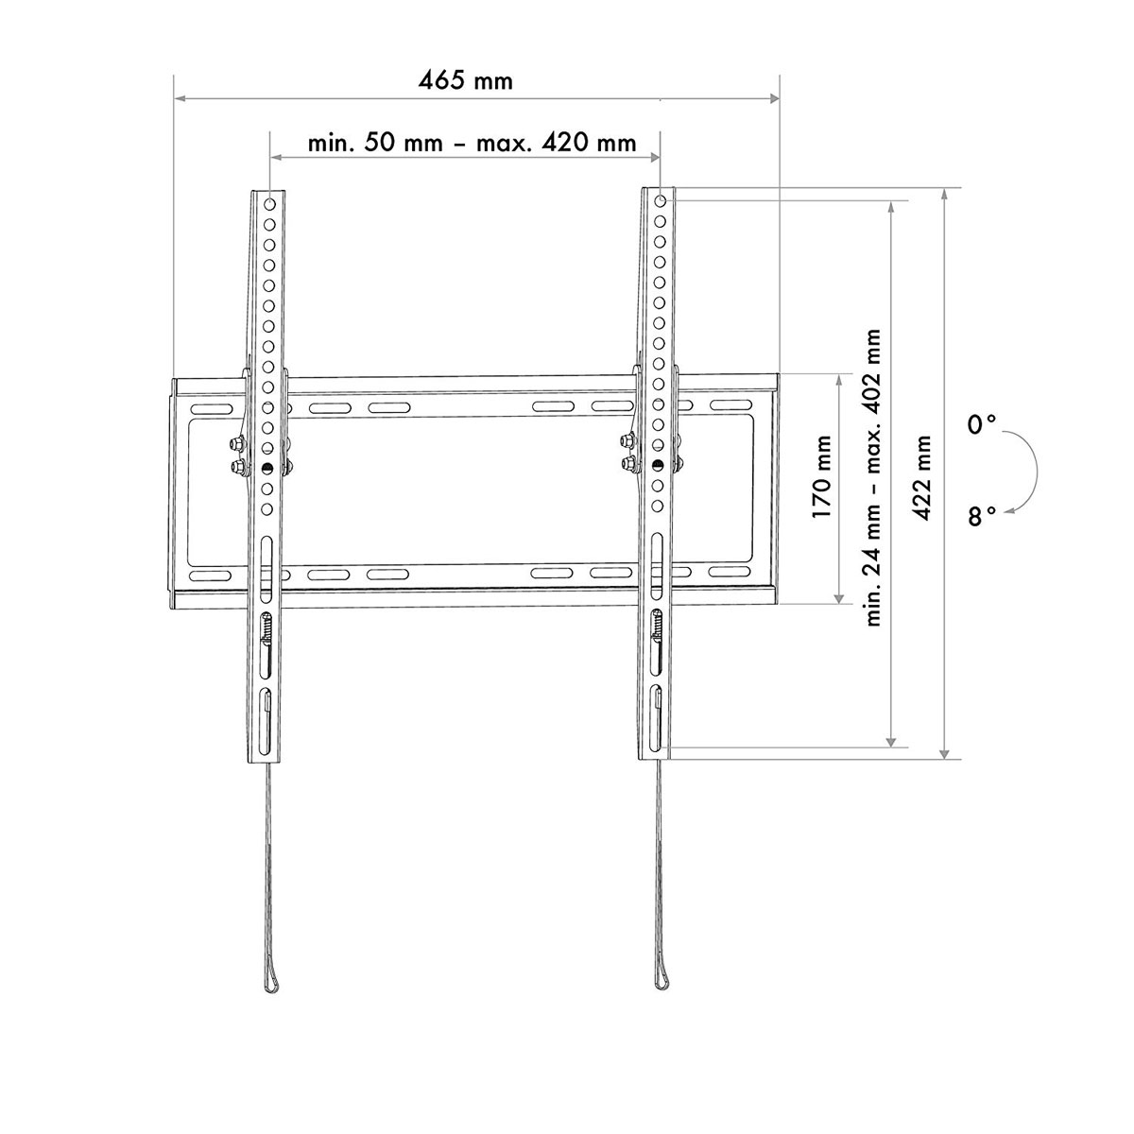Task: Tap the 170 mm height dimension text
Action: (x=821, y=476)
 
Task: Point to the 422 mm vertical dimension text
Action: (x=921, y=476)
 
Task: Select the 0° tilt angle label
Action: (x=982, y=425)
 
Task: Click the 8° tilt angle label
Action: (x=982, y=516)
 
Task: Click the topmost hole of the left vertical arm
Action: (x=269, y=203)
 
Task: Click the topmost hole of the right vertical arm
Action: (x=660, y=200)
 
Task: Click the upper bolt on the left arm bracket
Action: (x=232, y=442)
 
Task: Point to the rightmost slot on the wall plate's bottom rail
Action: (x=726, y=574)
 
